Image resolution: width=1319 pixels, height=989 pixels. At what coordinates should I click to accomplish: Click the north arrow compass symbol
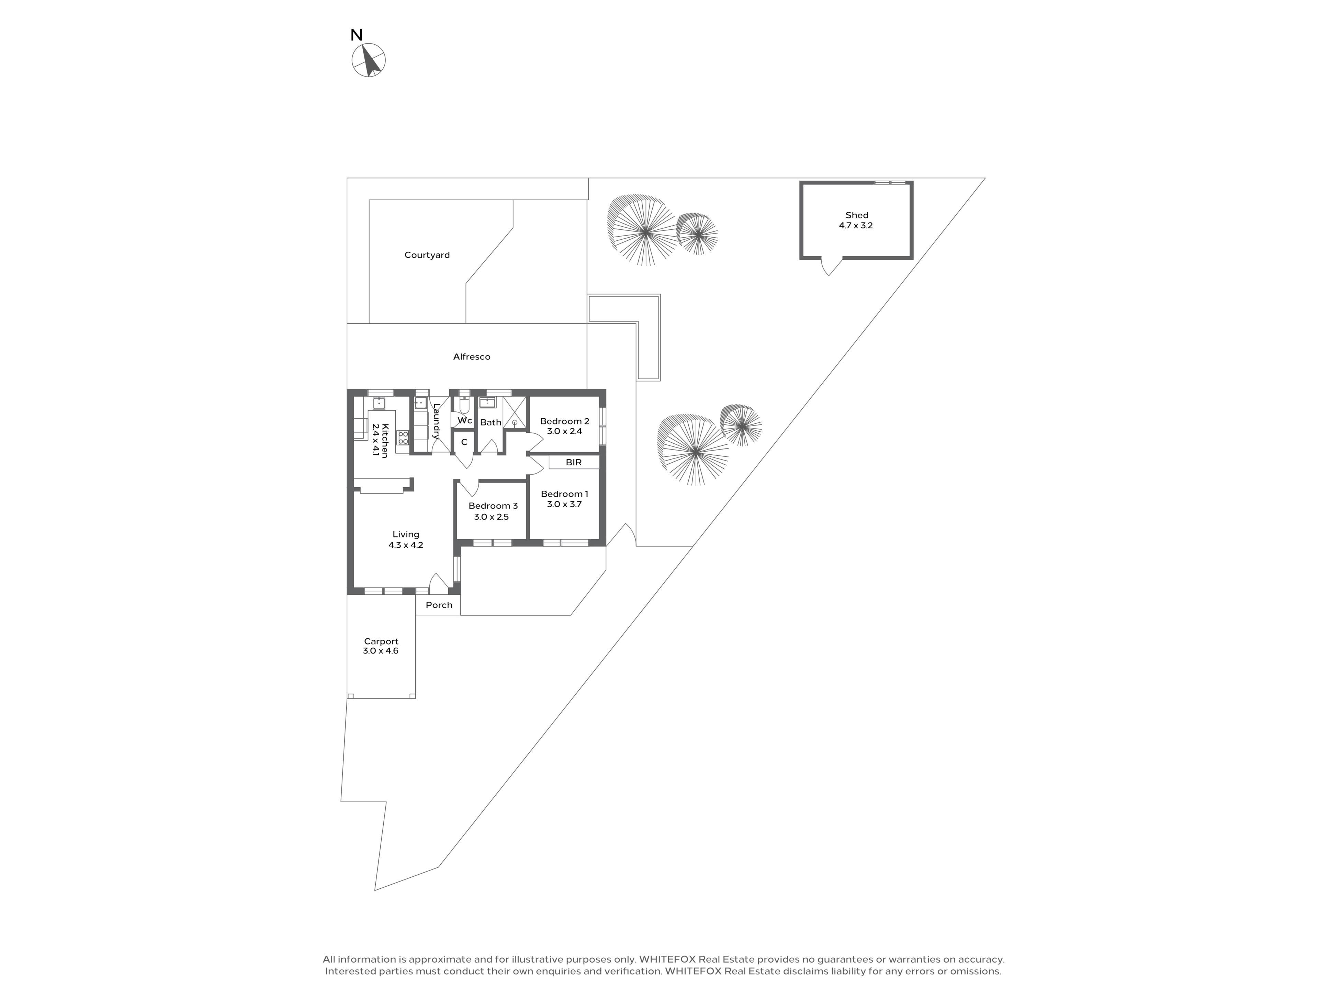click(x=369, y=60)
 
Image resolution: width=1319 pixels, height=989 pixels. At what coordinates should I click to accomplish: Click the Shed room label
click(x=856, y=215)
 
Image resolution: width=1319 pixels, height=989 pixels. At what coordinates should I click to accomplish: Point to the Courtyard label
click(x=427, y=255)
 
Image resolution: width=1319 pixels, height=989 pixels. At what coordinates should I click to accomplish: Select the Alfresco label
click(x=472, y=356)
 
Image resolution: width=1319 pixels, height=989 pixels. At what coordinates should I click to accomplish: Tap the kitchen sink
click(x=379, y=403)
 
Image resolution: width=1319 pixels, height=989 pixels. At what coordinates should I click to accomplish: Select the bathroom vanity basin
click(x=487, y=402)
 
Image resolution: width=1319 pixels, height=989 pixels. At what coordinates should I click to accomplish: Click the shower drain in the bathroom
click(x=515, y=423)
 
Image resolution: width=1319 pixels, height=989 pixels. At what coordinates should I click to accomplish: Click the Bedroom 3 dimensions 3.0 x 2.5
click(x=491, y=517)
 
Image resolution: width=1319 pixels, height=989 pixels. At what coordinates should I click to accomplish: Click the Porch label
click(x=439, y=605)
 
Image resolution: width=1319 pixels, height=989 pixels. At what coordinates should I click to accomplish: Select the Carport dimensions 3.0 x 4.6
click(x=381, y=651)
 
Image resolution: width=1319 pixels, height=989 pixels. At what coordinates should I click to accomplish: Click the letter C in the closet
click(x=464, y=442)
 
